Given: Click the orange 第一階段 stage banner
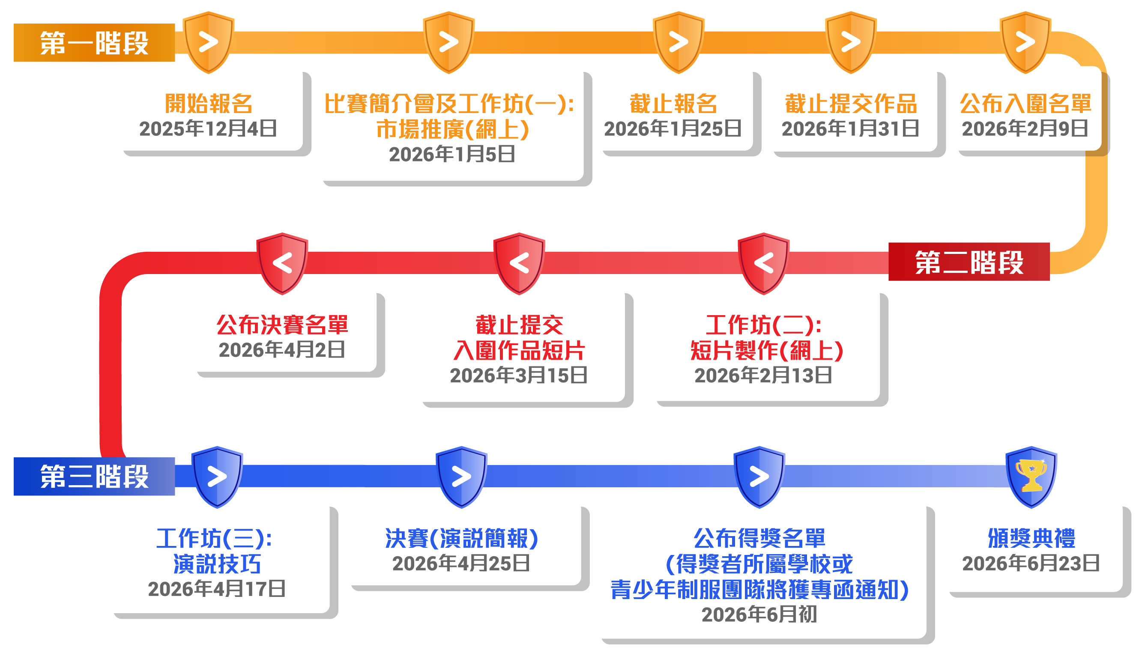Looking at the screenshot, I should click(94, 43).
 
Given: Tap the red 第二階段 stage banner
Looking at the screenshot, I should click(969, 262).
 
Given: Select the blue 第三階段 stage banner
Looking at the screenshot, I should click(94, 476).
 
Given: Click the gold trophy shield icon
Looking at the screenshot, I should click(1031, 476).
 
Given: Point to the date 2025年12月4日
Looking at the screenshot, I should click(208, 129).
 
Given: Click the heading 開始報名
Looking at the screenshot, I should click(209, 104).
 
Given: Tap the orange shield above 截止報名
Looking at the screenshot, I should click(678, 42).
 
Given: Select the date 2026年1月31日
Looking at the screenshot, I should click(850, 129).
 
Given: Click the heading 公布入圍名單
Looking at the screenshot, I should click(1025, 104).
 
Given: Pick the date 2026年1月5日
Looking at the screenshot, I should click(452, 155).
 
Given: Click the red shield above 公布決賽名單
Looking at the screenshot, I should click(282, 263).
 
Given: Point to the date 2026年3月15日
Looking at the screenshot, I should click(518, 376).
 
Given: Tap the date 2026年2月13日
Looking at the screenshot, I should click(763, 376).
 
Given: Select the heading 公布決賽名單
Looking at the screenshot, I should click(282, 325).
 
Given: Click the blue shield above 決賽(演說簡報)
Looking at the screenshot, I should click(461, 476).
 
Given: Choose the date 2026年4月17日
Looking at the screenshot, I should click(217, 589).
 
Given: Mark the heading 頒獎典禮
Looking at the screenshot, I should click(1031, 538).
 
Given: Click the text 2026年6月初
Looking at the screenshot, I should click(759, 615).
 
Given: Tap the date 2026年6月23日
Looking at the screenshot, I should click(1031, 564).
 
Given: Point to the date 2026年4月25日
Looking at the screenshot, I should click(461, 564).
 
